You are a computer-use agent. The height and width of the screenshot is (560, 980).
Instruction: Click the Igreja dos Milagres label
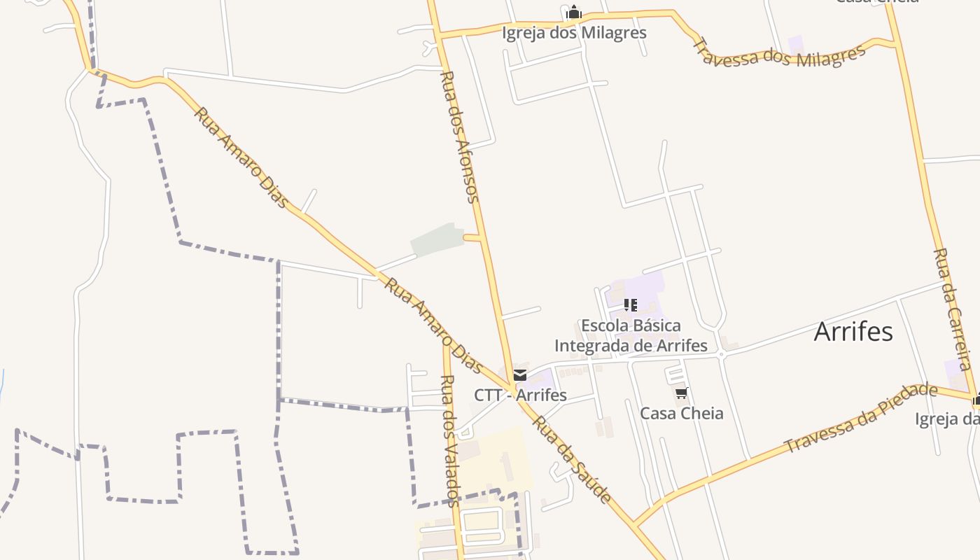click(x=574, y=33)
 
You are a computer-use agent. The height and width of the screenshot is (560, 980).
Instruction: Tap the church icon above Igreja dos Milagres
click(x=574, y=13)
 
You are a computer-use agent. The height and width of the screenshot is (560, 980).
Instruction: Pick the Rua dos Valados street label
click(x=449, y=440)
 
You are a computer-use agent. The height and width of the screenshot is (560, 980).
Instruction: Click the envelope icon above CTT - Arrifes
click(x=520, y=375)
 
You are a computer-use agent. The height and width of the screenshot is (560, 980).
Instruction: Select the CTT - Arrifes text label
click(x=520, y=395)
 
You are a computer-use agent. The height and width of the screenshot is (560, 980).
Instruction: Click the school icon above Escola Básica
click(x=631, y=305)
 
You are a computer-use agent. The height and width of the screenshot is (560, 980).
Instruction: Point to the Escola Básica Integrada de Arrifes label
click(x=631, y=335)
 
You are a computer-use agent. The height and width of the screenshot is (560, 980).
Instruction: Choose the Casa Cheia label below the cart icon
click(x=682, y=413)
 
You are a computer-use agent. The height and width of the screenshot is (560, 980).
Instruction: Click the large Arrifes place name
click(x=853, y=332)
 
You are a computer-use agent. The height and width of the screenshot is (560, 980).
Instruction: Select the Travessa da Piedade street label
click(x=860, y=418)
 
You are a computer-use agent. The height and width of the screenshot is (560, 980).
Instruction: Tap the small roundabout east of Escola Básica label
click(x=721, y=356)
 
